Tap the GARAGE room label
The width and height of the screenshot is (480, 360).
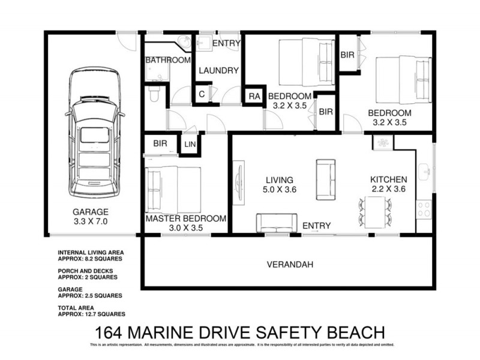(x=91, y=212)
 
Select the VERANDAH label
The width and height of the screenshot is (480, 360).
(x=290, y=264)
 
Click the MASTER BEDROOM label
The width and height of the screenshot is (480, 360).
(x=186, y=218)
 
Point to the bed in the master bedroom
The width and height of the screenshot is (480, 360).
(x=174, y=190)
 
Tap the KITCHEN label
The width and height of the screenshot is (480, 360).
(x=388, y=179)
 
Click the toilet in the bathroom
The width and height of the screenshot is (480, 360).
(x=153, y=94)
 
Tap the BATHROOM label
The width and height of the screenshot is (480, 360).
(x=168, y=60)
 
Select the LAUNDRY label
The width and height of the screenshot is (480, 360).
(x=219, y=70)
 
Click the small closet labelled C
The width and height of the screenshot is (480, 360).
(x=202, y=94)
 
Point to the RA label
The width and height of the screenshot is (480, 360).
(x=254, y=97)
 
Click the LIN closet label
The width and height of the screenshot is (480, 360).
(x=190, y=144)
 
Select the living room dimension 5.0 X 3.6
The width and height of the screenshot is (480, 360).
(x=280, y=190)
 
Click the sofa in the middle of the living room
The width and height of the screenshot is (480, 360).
(x=326, y=181)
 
